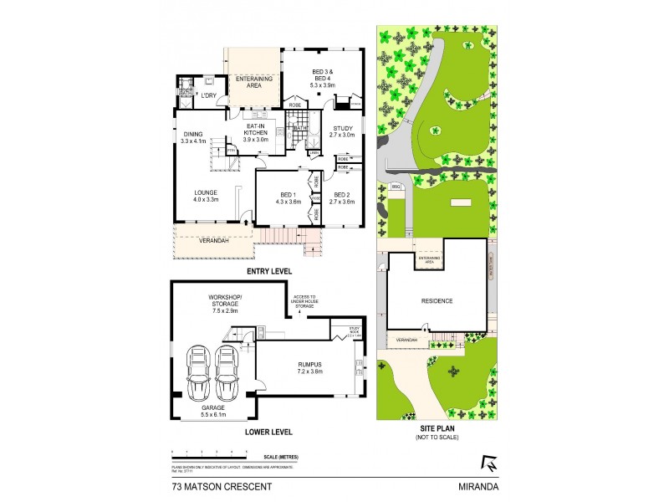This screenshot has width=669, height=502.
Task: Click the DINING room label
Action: [193, 137]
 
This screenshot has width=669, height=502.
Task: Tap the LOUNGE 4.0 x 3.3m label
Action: [207, 196]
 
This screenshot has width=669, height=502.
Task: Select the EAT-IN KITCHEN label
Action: [256, 133]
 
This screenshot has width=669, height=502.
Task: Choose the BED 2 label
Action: [343, 197]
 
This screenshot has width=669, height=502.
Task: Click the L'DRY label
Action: [209, 96]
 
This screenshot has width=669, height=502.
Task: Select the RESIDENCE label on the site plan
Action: [437, 301]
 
